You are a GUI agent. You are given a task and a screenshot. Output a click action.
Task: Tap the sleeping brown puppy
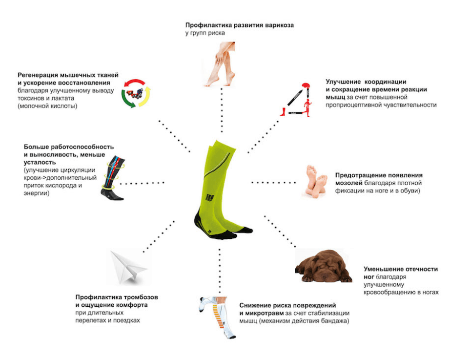324,266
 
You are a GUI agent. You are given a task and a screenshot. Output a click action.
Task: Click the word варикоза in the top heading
279,25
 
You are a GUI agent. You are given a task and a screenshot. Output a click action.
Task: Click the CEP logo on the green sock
210,197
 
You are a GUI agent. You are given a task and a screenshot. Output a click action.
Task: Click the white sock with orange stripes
218,318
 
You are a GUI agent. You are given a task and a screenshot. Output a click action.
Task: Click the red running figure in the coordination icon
307,107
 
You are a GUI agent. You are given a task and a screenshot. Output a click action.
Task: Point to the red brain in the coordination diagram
306,85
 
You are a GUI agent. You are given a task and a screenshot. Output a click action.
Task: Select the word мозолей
348,183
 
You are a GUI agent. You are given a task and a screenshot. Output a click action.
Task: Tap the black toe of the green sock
246,231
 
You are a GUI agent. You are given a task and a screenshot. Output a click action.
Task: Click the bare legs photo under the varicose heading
222,64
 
